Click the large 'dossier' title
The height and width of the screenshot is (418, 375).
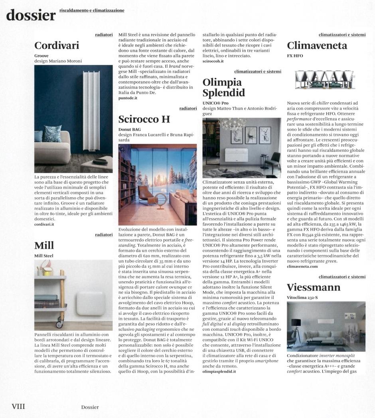[31, 15]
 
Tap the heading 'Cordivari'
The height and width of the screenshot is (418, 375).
[57, 46]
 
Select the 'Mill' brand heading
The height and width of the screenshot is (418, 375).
[44, 245]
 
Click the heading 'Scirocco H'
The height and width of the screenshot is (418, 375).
[144, 119]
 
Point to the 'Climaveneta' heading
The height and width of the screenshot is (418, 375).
[317, 46]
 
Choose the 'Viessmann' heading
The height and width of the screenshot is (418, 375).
[314, 287]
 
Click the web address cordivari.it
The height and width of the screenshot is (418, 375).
[44, 224]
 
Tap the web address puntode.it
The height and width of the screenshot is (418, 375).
[128, 98]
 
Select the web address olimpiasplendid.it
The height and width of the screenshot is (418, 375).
[219, 371]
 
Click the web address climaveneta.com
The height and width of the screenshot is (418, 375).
[302, 266]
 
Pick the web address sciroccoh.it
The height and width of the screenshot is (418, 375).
[213, 61]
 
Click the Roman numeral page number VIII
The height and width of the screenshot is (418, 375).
[18, 406]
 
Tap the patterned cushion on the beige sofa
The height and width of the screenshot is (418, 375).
[52, 133]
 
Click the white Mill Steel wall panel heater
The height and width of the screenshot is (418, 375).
[90, 303]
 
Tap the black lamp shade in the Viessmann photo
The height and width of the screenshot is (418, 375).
[296, 322]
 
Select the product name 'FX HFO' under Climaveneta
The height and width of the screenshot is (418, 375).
[295, 56]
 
